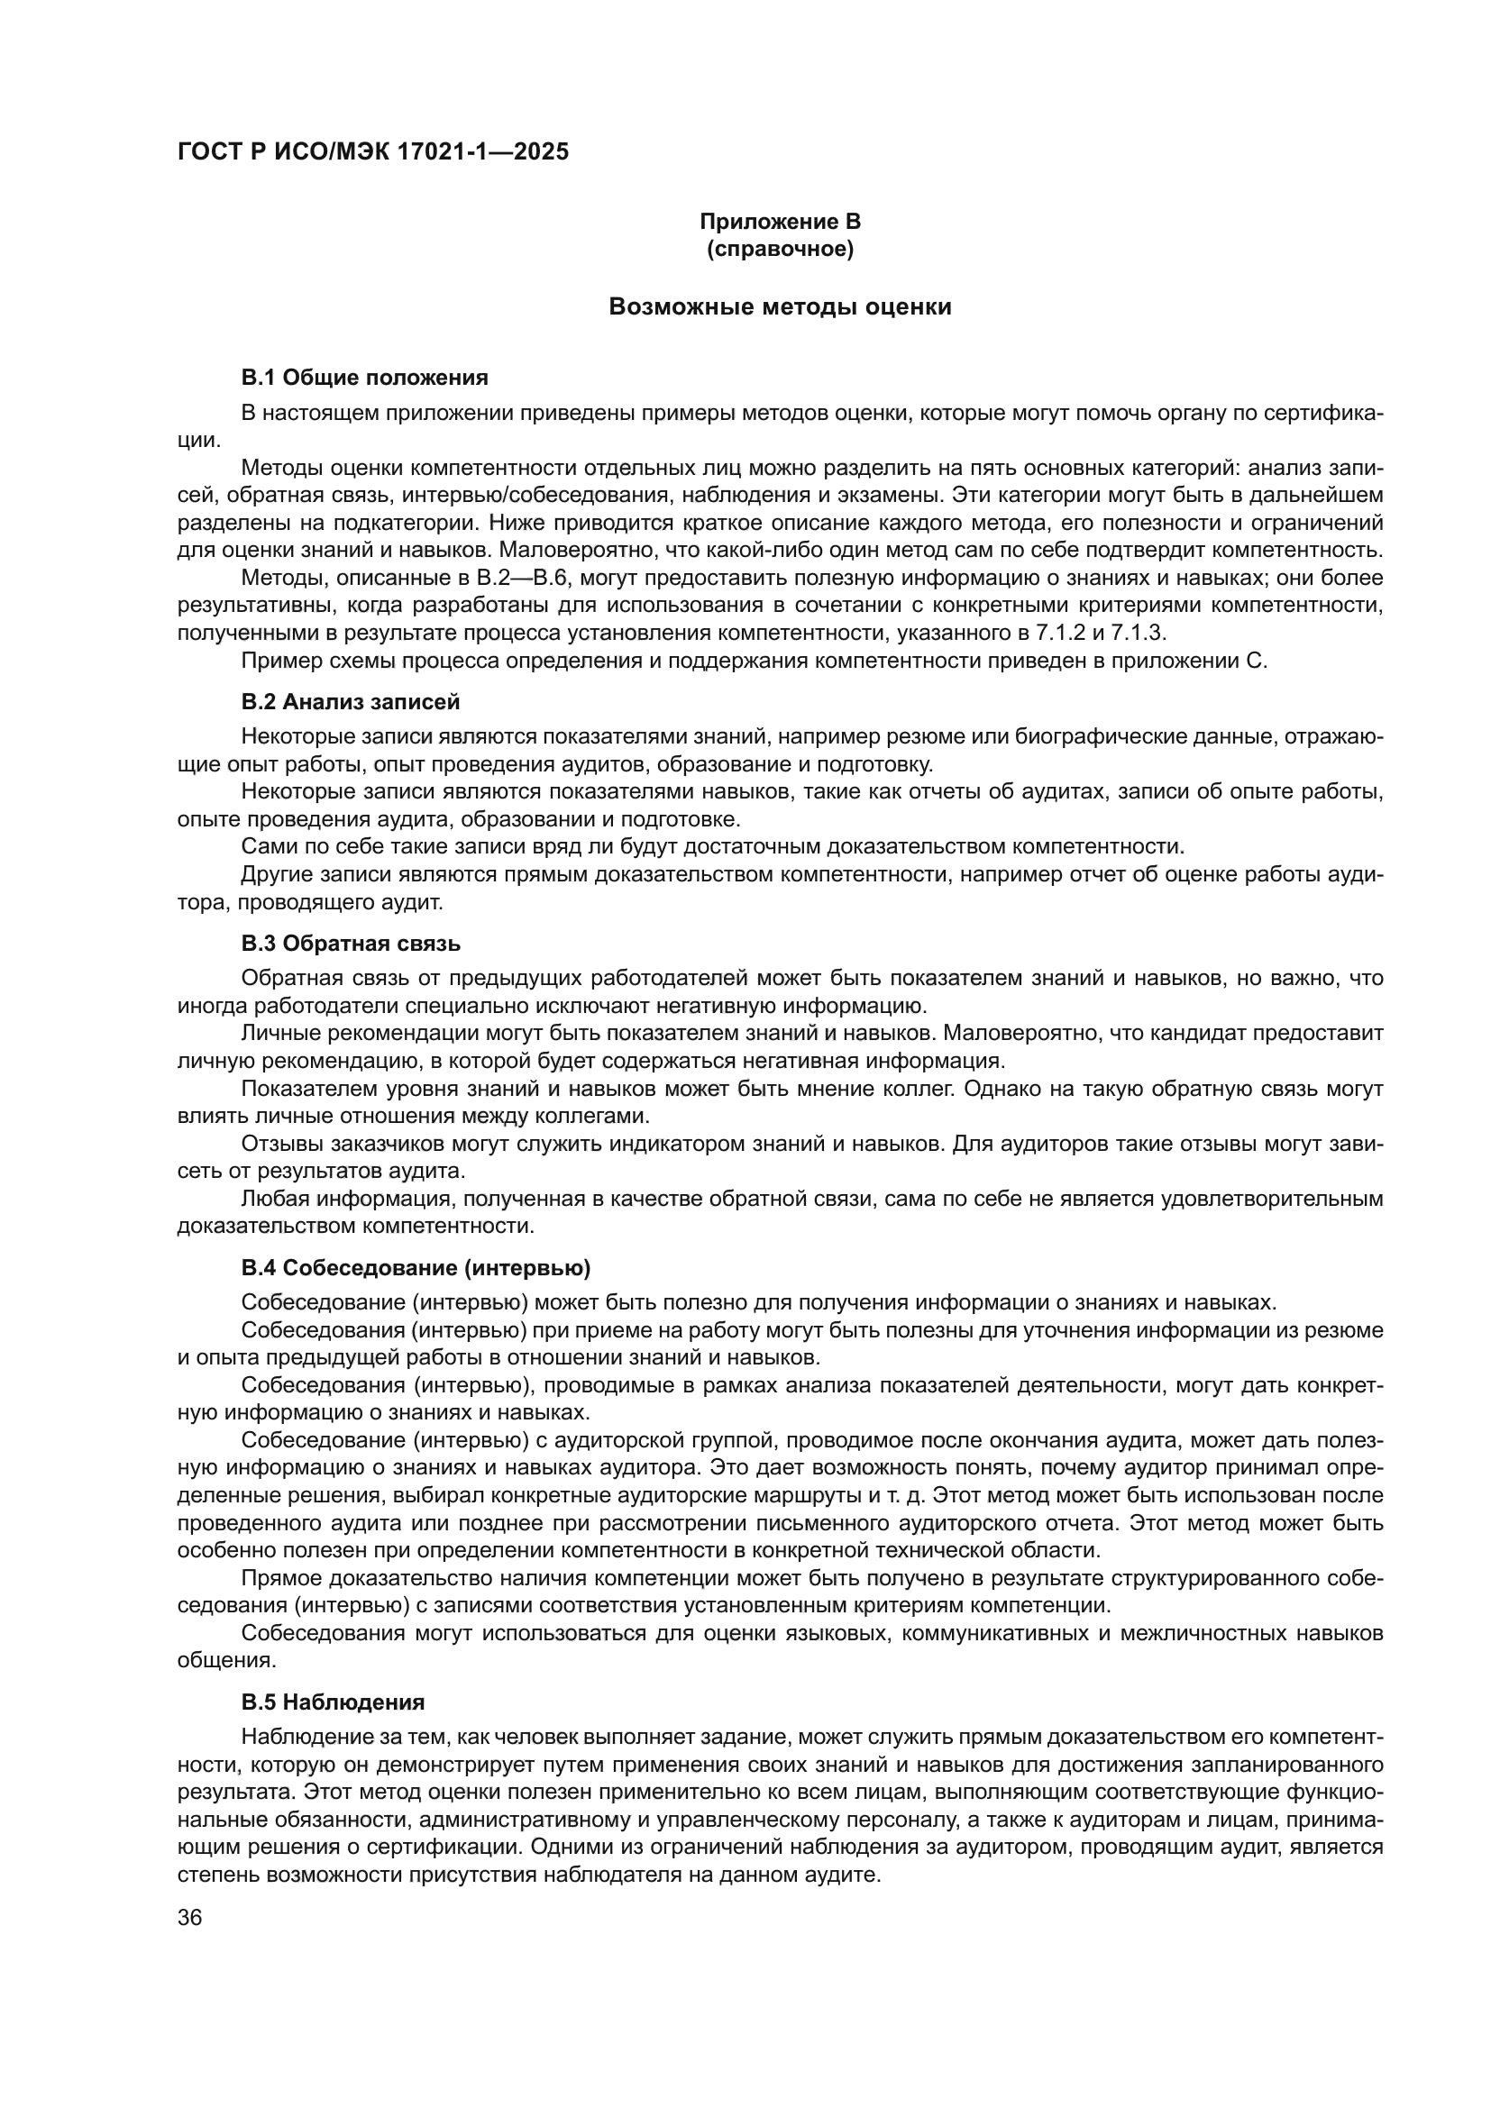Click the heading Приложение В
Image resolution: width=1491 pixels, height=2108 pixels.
780,222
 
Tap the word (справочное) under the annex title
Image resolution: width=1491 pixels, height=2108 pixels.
780,249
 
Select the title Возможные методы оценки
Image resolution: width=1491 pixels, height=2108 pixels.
780,306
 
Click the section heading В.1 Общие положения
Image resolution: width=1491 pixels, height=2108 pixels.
364,378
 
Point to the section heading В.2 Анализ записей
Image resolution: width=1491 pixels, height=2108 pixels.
351,702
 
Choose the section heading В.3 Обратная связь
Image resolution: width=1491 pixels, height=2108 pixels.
351,944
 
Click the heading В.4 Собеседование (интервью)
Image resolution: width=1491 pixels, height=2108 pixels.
416,1268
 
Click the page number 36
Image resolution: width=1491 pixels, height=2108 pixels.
189,1911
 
